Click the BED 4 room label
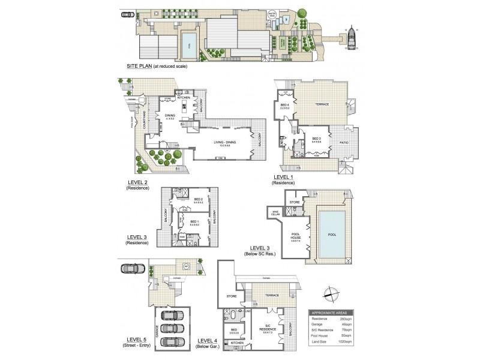tap(284, 106)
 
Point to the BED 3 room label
tap(316, 140)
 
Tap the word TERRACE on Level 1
tap(322, 104)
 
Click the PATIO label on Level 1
tap(344, 142)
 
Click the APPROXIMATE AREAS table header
tap(331, 313)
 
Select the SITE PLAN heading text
tap(139, 66)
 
